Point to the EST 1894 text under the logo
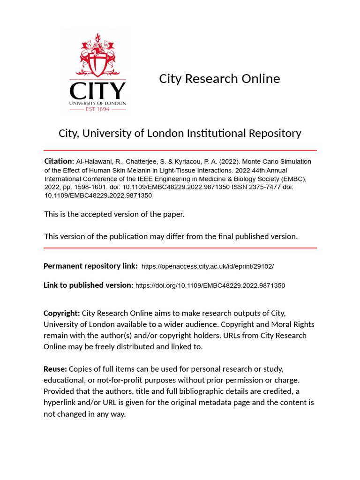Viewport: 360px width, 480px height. click(x=97, y=109)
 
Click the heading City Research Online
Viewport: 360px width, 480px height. click(x=219, y=79)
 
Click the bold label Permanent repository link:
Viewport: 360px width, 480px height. click(x=90, y=266)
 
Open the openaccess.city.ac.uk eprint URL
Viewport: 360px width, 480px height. click(x=207, y=266)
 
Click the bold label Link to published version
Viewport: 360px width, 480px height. click(x=88, y=285)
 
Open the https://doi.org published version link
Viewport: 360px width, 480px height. click(x=210, y=285)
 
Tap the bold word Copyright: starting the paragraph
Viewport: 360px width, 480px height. click(x=61, y=313)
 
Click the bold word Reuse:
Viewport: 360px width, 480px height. click(x=55, y=369)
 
